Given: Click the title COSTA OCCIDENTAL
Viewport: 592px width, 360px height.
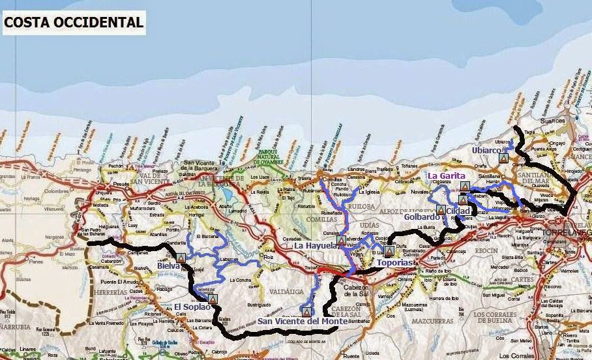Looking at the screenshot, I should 74,22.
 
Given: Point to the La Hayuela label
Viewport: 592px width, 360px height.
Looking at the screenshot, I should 316,246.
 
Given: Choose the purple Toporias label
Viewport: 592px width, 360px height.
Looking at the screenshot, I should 396,263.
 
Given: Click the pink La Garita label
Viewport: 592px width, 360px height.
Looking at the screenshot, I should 446,176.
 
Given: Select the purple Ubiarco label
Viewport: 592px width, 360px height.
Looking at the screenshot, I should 490,150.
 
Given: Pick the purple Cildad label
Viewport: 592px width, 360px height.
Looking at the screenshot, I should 458,211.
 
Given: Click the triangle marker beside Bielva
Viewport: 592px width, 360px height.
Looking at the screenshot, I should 181,258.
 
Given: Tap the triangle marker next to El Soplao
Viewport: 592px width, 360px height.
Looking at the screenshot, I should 212,299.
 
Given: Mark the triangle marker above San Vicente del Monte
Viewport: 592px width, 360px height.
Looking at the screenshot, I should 305,310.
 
